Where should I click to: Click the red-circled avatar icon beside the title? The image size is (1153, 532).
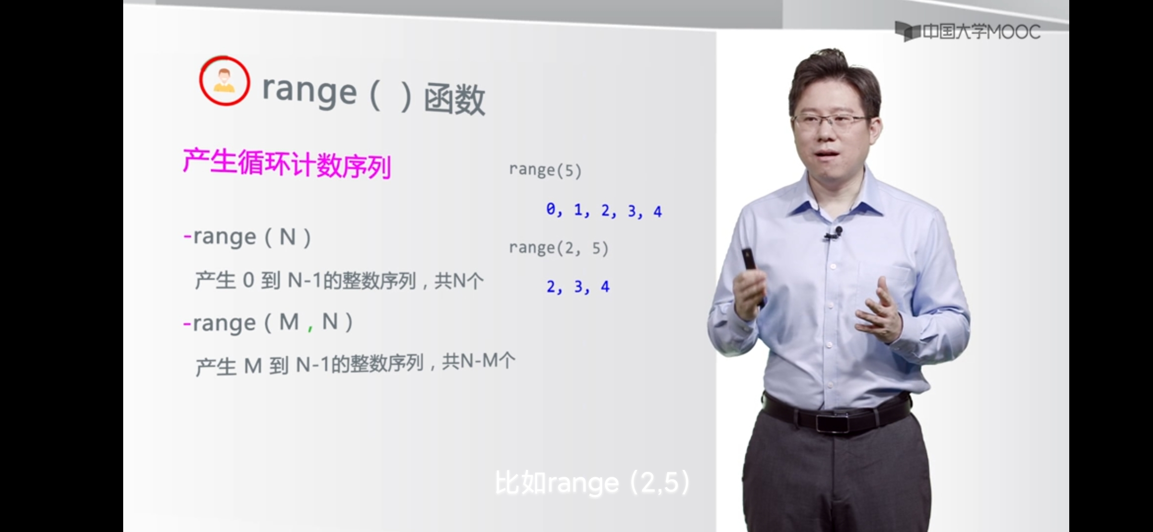(x=224, y=81)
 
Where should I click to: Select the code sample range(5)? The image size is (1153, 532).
(x=545, y=170)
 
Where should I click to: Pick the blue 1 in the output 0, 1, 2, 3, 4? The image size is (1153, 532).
(x=578, y=210)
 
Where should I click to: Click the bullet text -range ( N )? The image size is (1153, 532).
(x=247, y=237)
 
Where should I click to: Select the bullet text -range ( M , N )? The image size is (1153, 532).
(x=268, y=323)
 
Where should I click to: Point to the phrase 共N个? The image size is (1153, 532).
(x=459, y=281)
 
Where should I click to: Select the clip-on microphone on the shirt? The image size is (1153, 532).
(x=834, y=233)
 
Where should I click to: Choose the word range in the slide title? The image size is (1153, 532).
(x=309, y=91)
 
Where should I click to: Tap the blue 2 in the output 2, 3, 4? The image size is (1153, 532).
(x=551, y=286)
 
